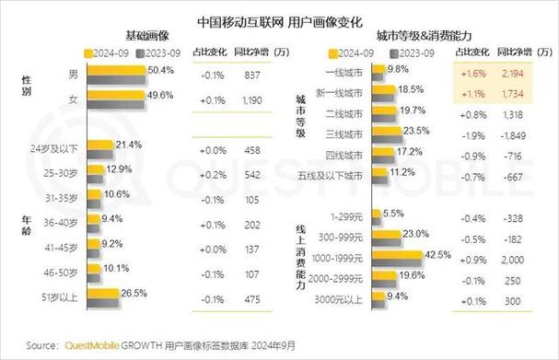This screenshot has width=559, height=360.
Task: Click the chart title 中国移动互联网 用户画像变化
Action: (x=279, y=19)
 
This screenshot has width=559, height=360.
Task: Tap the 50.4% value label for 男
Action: (x=160, y=71)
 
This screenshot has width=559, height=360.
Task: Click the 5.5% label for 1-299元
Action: (x=393, y=214)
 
